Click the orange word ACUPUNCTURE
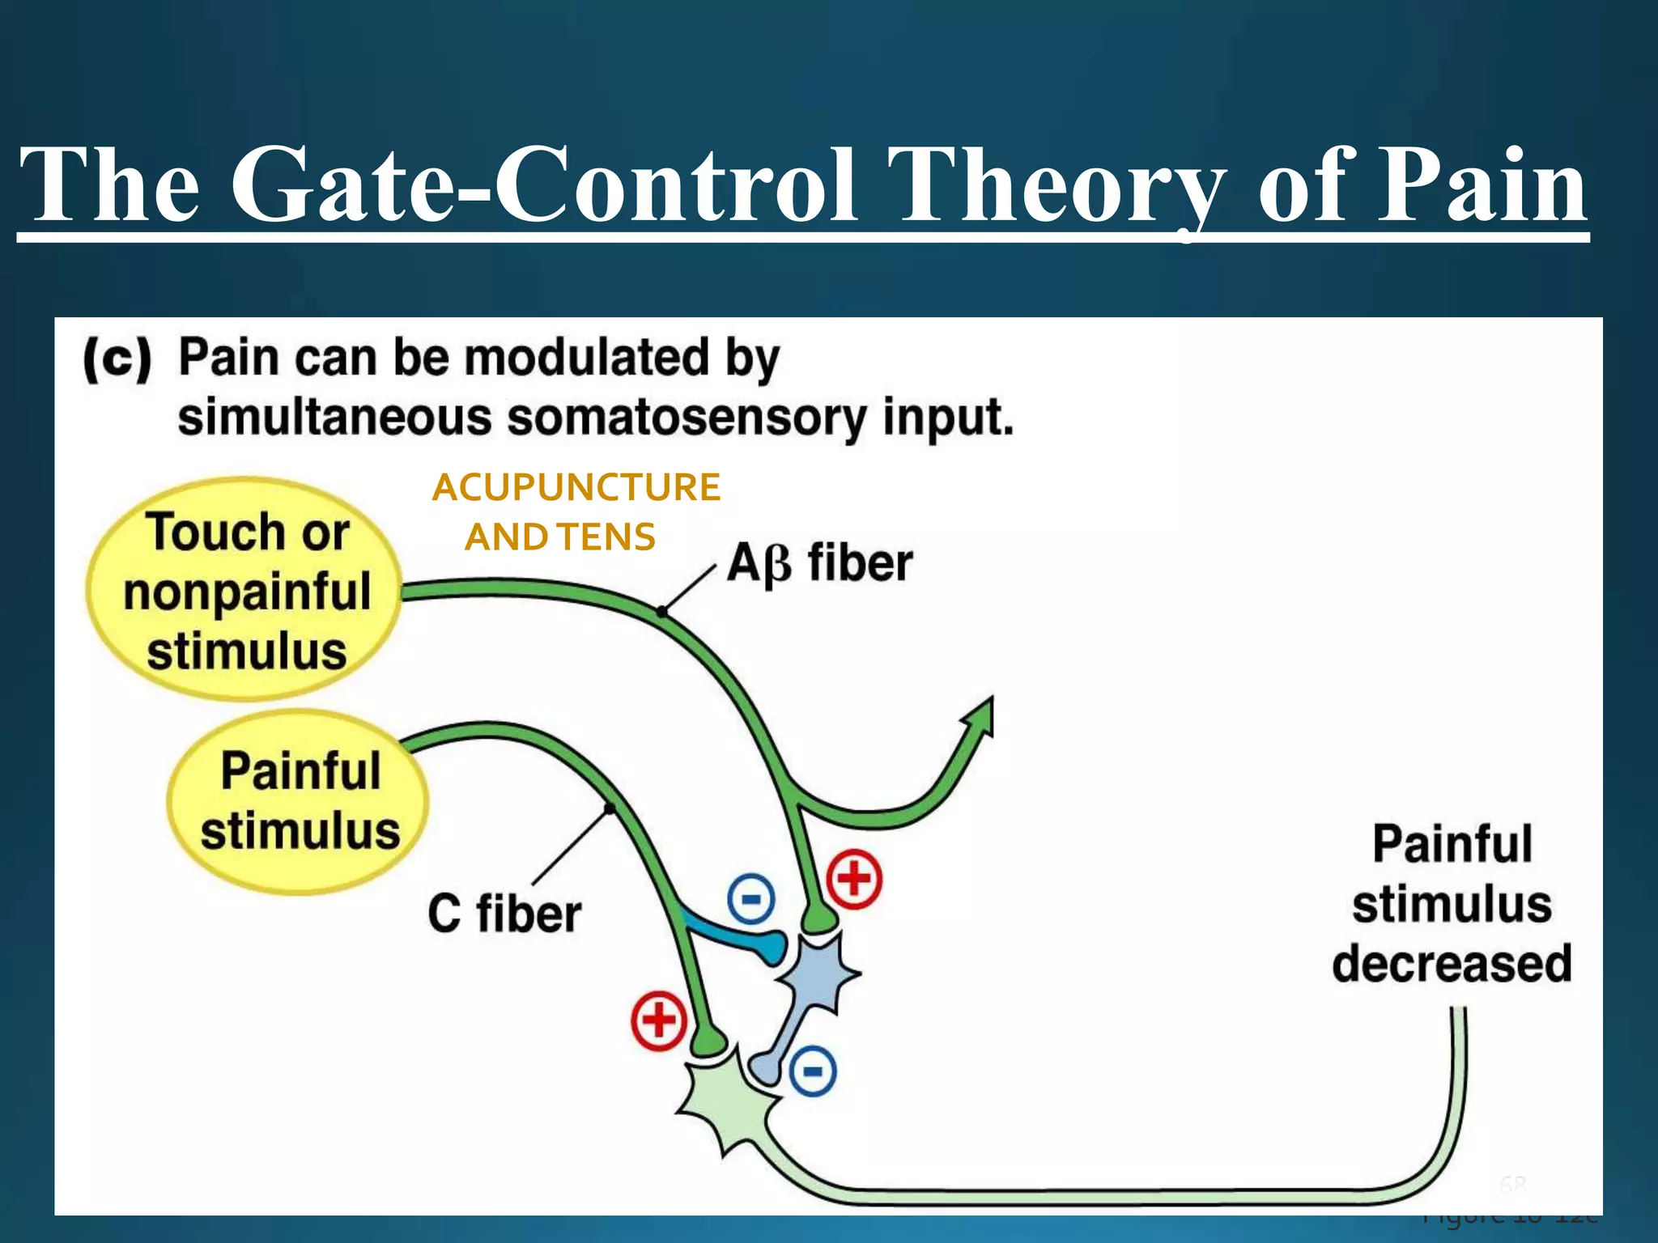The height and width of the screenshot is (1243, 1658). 576,488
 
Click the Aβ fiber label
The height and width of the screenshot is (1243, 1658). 819,563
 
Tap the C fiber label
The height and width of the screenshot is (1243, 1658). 504,914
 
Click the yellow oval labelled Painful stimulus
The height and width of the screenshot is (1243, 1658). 298,801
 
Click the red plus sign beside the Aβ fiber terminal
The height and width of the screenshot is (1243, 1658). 854,879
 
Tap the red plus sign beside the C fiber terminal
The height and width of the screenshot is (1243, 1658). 659,1020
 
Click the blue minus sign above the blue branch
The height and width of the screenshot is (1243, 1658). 750,899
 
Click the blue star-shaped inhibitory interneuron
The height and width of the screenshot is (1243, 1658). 818,971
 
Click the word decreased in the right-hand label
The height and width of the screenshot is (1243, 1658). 1452,964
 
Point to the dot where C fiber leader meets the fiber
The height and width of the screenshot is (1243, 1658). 610,808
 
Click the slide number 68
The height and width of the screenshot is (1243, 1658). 1512,1186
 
